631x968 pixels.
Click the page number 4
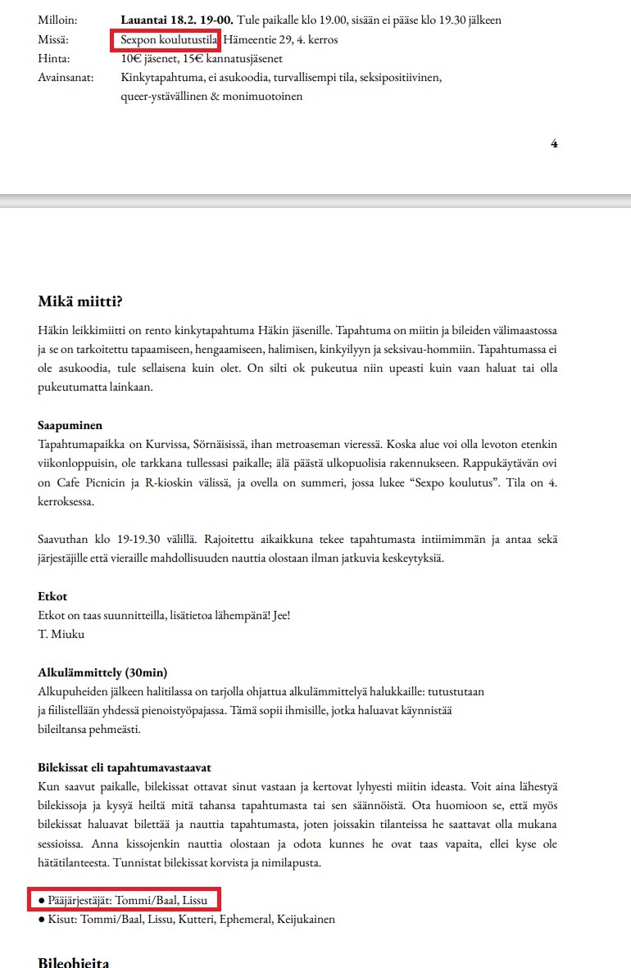[x=554, y=143]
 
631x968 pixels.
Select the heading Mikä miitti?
[x=80, y=301]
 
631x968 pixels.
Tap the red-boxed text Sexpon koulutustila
[x=165, y=40]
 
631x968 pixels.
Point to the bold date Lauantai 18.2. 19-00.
[x=176, y=20]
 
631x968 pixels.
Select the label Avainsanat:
[x=66, y=78]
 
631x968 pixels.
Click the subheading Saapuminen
[x=70, y=425]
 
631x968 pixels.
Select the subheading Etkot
[x=52, y=597]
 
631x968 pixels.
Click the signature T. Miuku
[x=62, y=635]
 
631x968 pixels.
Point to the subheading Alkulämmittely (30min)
[x=102, y=673]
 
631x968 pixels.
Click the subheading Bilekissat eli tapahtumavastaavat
[x=125, y=767]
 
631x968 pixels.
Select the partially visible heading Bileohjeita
[x=74, y=961]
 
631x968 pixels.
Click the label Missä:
[x=53, y=40]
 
